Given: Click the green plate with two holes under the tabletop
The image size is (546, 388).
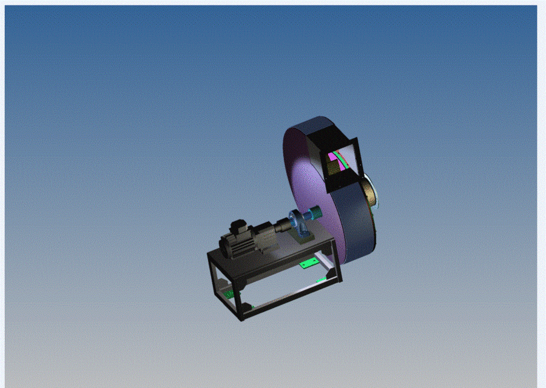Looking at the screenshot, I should (310, 263).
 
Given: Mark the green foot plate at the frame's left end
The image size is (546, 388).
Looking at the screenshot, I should (229, 293).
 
